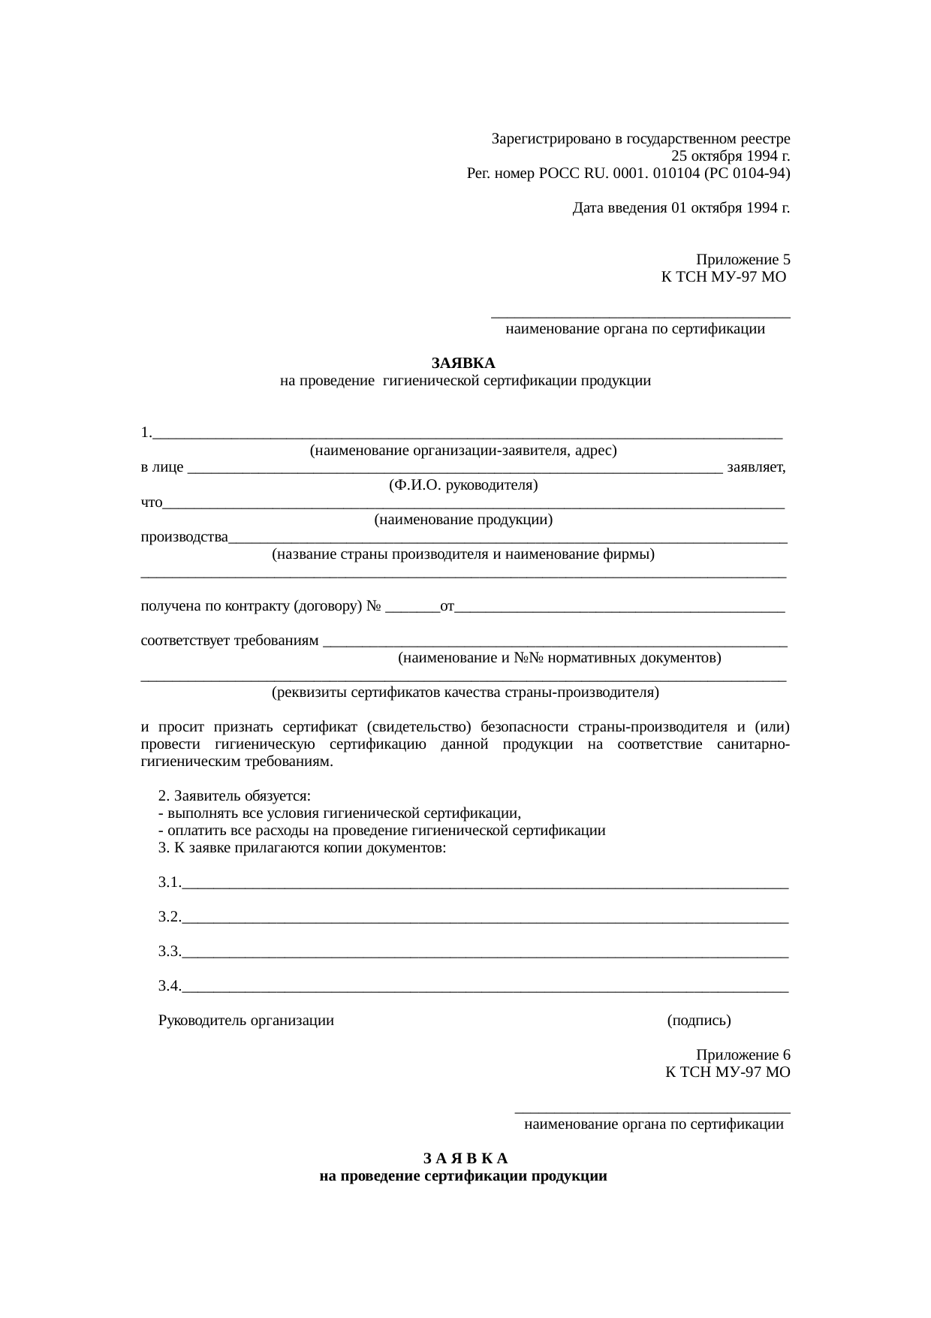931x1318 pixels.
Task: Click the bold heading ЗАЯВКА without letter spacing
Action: (x=463, y=363)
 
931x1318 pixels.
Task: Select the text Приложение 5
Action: (x=743, y=260)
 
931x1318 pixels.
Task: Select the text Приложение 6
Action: (x=743, y=1054)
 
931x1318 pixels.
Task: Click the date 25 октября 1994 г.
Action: (x=730, y=156)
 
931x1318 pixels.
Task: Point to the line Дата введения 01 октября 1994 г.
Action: (x=680, y=207)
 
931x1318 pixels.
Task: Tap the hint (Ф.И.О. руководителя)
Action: (x=463, y=484)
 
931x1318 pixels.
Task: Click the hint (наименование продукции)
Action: (x=463, y=519)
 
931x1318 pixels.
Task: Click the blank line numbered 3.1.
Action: (x=484, y=883)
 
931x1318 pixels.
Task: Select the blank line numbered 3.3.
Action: (x=484, y=952)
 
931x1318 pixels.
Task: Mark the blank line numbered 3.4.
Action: (x=484, y=987)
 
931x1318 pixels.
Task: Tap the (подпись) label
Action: (x=698, y=1021)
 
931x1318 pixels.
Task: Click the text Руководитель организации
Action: (x=246, y=1021)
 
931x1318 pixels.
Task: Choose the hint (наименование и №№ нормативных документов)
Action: (x=559, y=658)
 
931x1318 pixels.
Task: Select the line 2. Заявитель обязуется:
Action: (x=234, y=796)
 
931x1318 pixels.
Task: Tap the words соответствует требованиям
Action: (x=230, y=641)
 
